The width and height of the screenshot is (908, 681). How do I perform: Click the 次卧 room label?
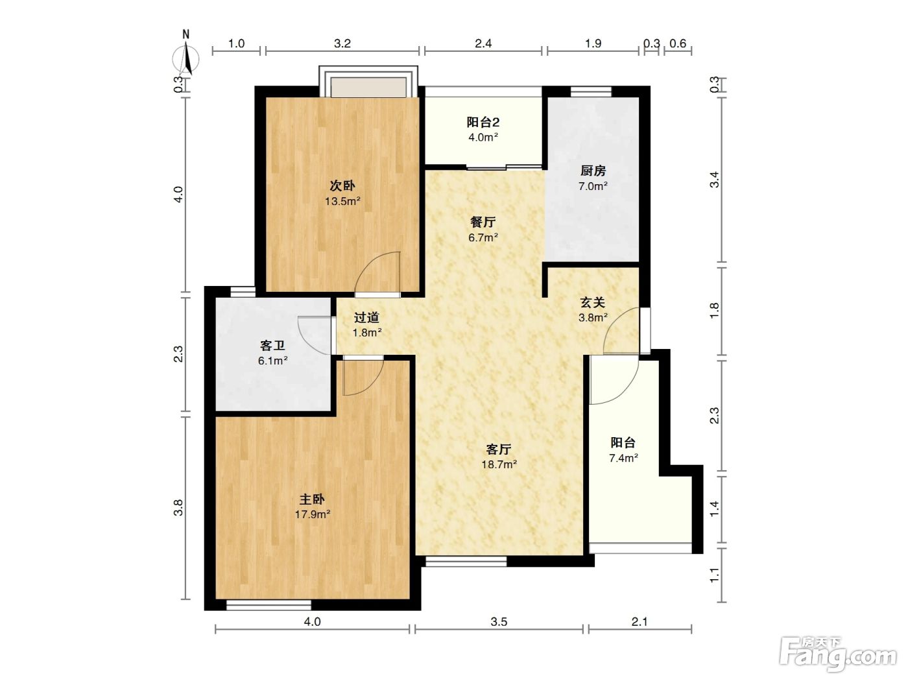342,185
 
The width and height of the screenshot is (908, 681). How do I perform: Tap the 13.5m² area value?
342,201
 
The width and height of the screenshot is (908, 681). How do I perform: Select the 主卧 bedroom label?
312,499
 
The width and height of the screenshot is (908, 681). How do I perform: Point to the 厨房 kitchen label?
593,171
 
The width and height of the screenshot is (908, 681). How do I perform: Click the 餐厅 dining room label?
483,222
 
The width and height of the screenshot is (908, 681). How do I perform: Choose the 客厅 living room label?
499,449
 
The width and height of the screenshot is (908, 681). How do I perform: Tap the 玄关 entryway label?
593,302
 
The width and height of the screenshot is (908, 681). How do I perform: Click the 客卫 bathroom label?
272,345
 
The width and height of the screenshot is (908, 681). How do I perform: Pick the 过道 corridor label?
366,318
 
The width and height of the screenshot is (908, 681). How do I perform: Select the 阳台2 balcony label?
483,122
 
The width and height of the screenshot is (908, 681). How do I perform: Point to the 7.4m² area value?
623,458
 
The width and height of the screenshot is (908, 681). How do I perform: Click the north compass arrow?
187,58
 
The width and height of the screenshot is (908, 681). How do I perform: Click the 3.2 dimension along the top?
342,43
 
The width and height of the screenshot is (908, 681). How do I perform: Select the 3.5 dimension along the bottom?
499,622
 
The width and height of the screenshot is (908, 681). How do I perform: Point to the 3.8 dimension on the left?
178,507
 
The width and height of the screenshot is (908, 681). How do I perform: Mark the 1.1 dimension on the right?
715,575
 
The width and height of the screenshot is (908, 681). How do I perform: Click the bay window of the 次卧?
368,82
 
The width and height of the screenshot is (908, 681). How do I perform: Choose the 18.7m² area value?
499,464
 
